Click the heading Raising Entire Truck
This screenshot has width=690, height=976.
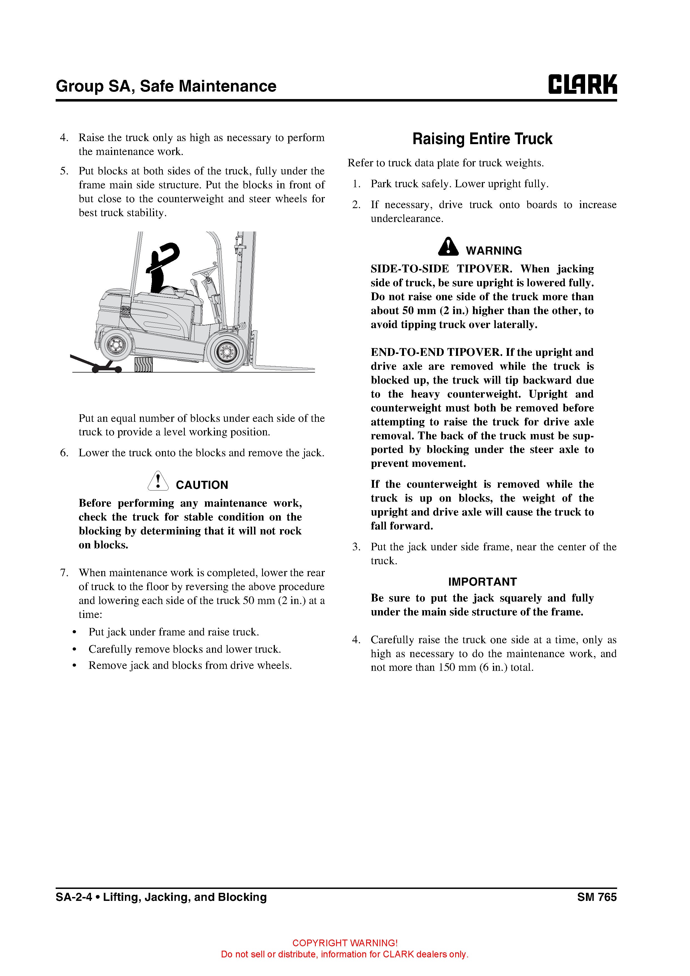pos(482,139)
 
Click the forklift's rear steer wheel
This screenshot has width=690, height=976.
pos(114,345)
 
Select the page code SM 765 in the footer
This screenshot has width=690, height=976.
pos(597,897)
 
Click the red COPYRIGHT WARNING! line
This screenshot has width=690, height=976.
pos(345,943)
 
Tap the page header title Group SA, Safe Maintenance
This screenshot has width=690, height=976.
pos(166,86)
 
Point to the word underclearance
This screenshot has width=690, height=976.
pos(407,219)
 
